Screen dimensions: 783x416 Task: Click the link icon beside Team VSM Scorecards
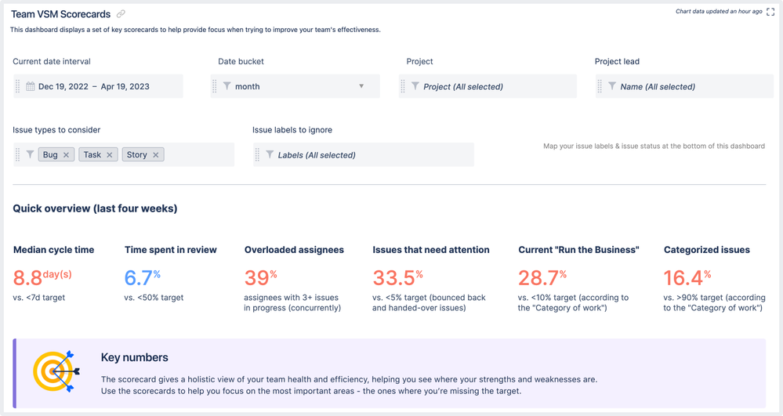pos(121,14)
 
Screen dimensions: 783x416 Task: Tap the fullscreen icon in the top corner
pos(770,12)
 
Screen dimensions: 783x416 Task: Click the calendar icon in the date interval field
pos(31,86)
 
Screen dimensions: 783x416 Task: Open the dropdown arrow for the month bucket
pos(361,86)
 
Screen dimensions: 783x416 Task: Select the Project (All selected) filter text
pos(463,86)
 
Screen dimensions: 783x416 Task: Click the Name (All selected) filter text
pos(657,86)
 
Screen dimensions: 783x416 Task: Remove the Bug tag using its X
pos(66,155)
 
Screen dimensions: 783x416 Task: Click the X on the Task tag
pos(110,155)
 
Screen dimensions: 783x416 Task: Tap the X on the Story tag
pos(156,155)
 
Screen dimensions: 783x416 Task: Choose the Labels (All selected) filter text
pos(317,155)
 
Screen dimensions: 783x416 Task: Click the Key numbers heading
pos(134,357)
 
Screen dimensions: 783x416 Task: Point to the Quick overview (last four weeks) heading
pos(95,208)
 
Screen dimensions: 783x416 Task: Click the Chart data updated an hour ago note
pos(719,12)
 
